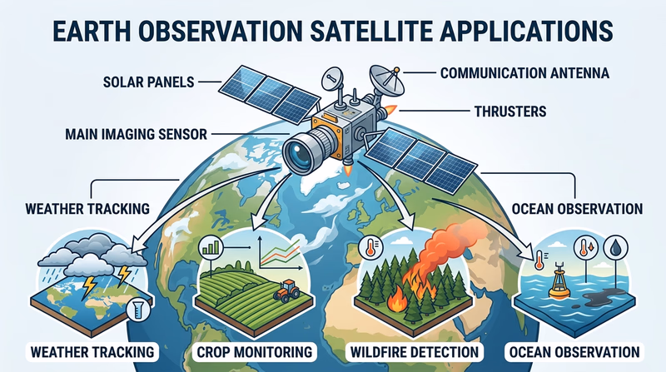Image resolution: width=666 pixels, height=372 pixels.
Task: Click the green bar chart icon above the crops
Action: (x=210, y=247)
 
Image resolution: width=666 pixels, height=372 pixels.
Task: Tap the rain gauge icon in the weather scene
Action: (x=131, y=311)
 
